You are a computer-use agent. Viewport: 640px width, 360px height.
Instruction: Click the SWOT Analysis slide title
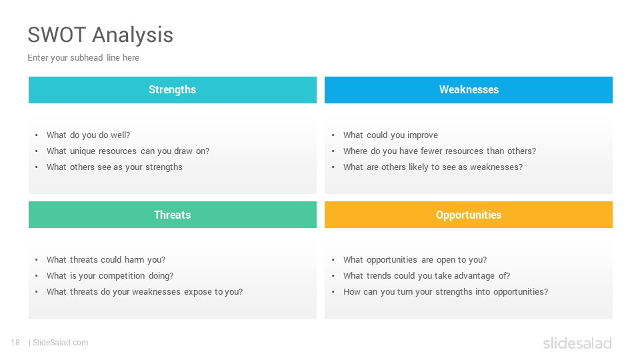[x=101, y=35]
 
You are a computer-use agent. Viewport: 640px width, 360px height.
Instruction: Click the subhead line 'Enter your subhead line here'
[x=83, y=58]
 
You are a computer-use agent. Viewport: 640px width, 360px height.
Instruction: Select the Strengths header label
[x=172, y=90]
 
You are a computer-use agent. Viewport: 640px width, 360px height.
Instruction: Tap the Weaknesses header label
[x=469, y=89]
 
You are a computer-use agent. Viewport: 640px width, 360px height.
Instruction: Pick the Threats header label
[x=172, y=215]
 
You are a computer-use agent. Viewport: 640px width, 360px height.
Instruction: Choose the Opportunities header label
[x=469, y=215]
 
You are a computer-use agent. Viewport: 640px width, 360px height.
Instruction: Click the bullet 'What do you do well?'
[x=88, y=135]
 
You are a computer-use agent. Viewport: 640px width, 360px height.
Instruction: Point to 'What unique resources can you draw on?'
[x=128, y=151]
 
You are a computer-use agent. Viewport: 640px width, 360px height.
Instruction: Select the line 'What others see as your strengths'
[x=114, y=167]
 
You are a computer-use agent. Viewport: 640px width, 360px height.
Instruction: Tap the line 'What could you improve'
[x=391, y=135]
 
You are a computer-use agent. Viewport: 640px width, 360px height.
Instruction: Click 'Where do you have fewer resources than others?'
[x=439, y=151]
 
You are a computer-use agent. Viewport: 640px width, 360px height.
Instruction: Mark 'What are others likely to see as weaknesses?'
[x=433, y=167]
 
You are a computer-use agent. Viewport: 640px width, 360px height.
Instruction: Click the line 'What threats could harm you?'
[x=106, y=259]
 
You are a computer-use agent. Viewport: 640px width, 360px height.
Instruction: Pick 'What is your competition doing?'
[x=110, y=276]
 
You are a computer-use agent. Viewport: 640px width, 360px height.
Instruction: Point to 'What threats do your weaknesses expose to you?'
[x=145, y=292]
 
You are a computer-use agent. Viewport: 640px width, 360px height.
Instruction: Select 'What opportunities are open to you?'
[x=415, y=260]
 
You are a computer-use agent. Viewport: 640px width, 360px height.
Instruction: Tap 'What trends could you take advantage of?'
[x=427, y=276]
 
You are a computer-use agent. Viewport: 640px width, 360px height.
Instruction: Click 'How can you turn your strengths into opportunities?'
[x=446, y=292]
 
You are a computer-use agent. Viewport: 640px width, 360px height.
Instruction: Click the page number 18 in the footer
[x=15, y=343]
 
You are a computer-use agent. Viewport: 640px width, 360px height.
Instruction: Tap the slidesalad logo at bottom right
[x=577, y=343]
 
